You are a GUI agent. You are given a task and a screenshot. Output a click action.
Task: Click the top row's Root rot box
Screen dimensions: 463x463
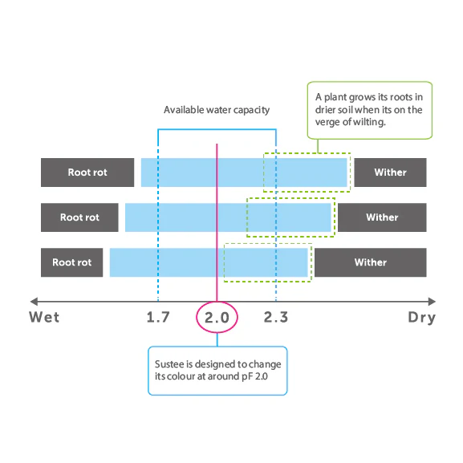[87, 173]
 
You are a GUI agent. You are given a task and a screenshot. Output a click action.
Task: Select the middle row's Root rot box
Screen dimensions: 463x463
[79, 217]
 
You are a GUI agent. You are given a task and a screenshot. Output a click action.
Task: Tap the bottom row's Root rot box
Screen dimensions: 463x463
[71, 262]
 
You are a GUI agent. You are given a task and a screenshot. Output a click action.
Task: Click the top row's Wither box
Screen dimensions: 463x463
[390, 173]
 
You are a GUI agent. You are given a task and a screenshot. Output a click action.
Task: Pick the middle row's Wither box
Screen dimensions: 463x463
[382, 217]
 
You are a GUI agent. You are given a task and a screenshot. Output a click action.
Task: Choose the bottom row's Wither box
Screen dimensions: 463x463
[371, 262]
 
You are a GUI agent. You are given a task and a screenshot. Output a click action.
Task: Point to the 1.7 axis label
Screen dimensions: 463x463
[158, 318]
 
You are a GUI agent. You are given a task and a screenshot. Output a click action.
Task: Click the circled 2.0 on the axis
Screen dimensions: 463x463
[217, 318]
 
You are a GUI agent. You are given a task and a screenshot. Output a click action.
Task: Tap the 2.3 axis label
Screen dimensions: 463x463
[276, 318]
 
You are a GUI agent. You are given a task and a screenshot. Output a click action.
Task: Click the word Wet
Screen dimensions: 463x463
[44, 318]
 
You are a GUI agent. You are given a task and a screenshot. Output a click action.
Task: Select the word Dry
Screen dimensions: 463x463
[421, 318]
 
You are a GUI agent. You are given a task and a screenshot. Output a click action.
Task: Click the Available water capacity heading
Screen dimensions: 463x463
[217, 110]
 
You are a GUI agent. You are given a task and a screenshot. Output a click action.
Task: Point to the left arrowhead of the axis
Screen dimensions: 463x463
[34, 302]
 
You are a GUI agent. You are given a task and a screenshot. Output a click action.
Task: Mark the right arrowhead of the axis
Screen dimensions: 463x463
[432, 302]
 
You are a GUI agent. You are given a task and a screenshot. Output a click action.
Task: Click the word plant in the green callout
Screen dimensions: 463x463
[335, 97]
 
